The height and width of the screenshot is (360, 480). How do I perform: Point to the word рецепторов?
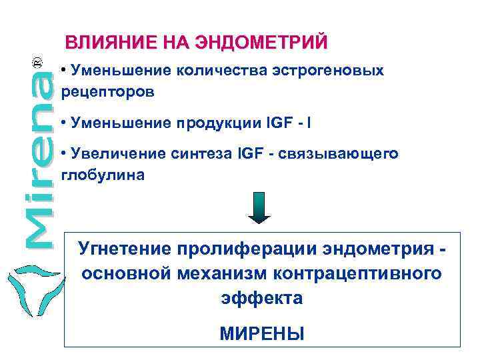point(108,93)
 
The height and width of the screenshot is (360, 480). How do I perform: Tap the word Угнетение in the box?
point(125,249)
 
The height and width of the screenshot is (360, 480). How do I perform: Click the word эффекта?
point(261,298)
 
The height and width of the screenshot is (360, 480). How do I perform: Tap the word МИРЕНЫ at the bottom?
point(261,333)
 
